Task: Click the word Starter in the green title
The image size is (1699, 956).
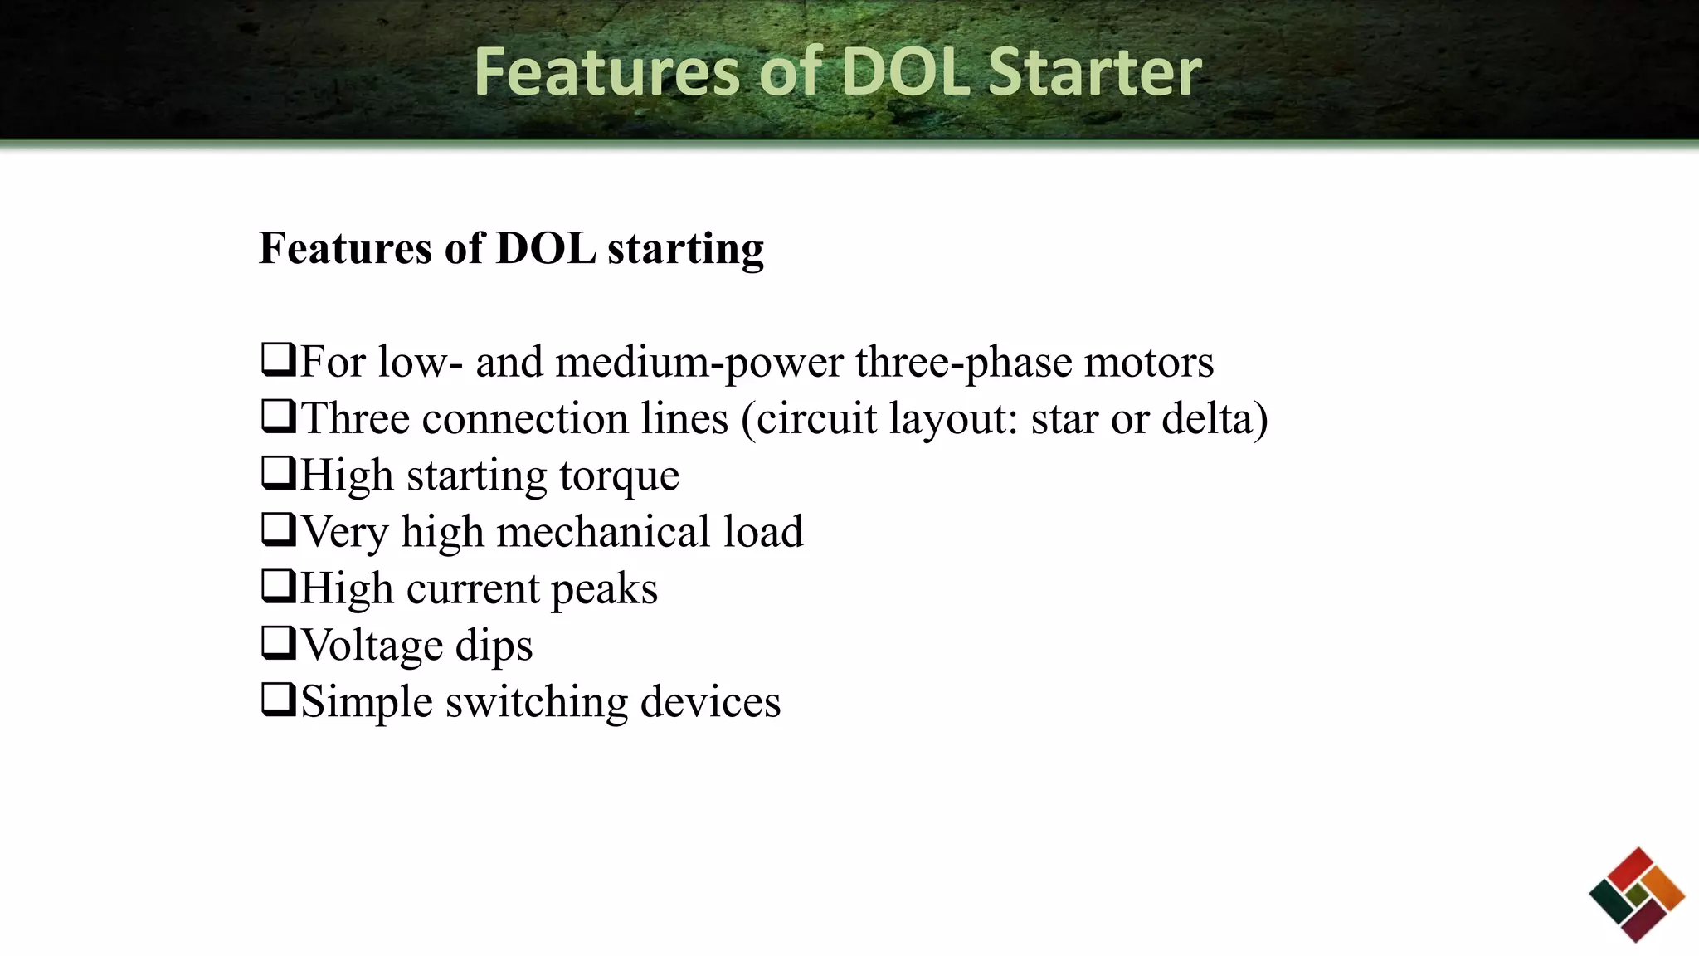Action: coord(1094,72)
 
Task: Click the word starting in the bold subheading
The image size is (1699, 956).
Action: coord(685,249)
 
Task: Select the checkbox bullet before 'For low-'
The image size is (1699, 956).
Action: coord(278,360)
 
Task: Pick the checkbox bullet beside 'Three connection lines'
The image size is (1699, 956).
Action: coord(278,417)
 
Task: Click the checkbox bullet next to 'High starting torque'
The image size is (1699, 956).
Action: coord(278,473)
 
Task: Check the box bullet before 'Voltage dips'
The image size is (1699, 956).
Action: coord(278,643)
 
